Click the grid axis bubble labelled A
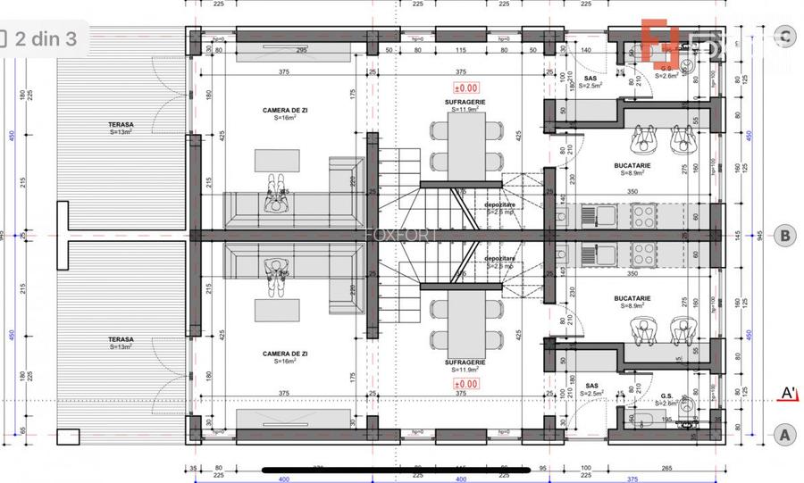pos(784,435)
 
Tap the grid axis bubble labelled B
pos(784,236)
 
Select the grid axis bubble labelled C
pos(784,37)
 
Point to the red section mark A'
pos(789,393)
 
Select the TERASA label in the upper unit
pos(121,126)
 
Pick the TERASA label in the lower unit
pos(121,339)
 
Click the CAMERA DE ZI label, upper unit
pos(285,111)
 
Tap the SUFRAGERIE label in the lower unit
pos(465,362)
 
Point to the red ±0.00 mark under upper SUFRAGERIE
pos(465,88)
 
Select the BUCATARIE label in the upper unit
pos(632,166)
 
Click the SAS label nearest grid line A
pos(590,386)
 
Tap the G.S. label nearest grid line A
pos(666,396)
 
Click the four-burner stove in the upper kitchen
pos(644,214)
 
